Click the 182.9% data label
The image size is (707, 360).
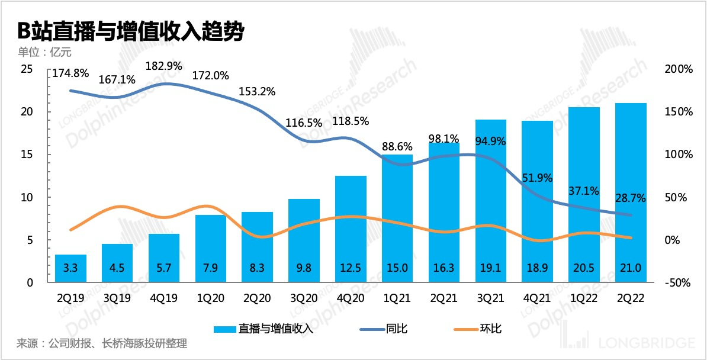click(164, 65)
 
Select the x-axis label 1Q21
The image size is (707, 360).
click(397, 298)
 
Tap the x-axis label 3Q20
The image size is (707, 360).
click(304, 298)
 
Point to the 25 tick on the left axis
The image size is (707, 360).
click(26, 69)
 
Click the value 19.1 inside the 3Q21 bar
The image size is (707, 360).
click(491, 268)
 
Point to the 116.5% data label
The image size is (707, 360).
click(304, 123)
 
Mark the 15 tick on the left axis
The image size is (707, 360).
click(26, 155)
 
